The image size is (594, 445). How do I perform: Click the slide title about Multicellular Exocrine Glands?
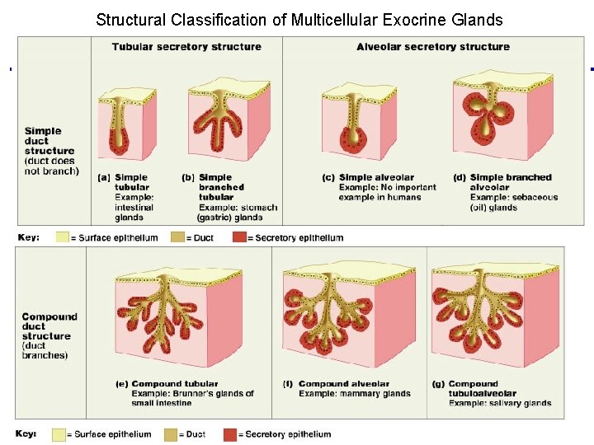pyautogui.click(x=299, y=19)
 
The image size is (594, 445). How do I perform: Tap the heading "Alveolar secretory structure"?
pyautogui.click(x=432, y=47)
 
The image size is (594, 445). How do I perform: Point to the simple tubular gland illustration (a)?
pyautogui.click(x=127, y=119)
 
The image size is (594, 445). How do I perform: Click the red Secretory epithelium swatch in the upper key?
pyautogui.click(x=239, y=237)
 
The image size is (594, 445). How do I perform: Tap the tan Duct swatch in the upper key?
pyautogui.click(x=178, y=237)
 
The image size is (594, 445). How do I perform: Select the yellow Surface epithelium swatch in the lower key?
pyautogui.click(x=59, y=434)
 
